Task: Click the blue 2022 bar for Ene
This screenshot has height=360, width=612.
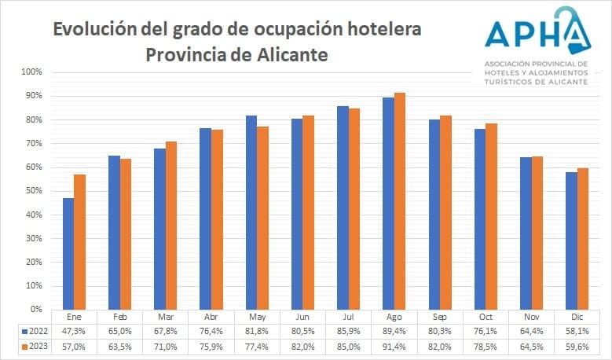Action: pyautogui.click(x=68, y=253)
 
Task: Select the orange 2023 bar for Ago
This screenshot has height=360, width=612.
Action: pyautogui.click(x=400, y=200)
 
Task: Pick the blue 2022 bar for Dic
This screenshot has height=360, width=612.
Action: pyautogui.click(x=571, y=241)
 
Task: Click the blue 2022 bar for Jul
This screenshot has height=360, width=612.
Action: pyautogui.click(x=343, y=208)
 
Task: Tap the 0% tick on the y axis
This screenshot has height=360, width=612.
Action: pyautogui.click(x=36, y=310)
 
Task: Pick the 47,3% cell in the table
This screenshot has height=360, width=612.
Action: pyautogui.click(x=75, y=331)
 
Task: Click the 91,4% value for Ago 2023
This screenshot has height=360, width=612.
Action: pyautogui.click(x=394, y=346)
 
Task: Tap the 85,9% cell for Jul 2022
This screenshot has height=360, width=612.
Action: pyautogui.click(x=349, y=331)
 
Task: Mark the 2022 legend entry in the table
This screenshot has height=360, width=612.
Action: pyautogui.click(x=36, y=331)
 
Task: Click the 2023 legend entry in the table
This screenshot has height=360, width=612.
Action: pyautogui.click(x=36, y=346)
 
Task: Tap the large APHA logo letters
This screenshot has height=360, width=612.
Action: pyautogui.click(x=534, y=33)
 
